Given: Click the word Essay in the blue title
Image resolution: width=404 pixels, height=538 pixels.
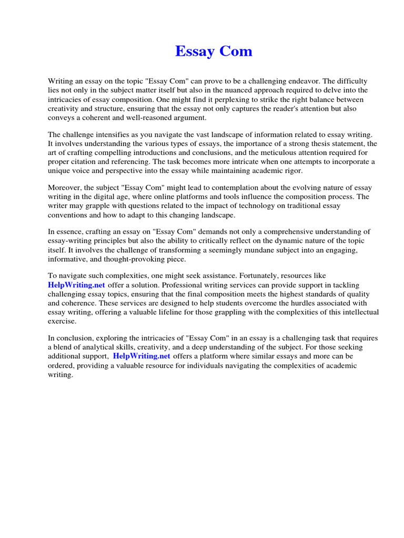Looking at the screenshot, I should click(x=193, y=51).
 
